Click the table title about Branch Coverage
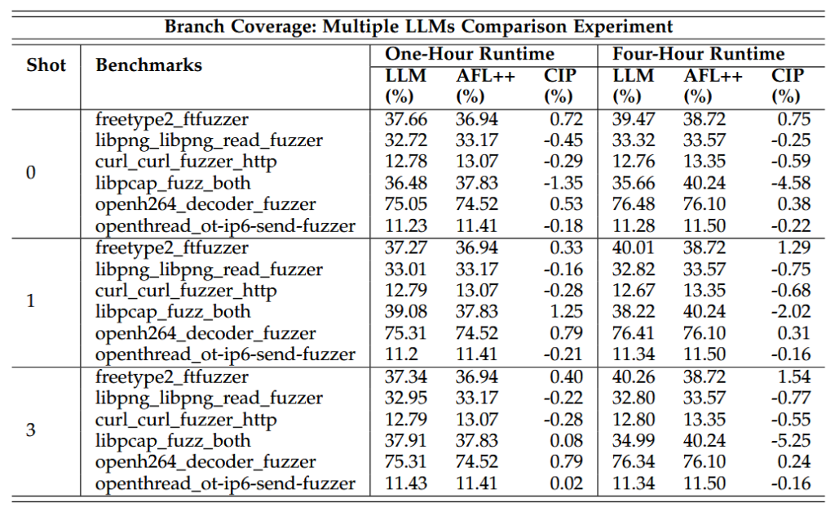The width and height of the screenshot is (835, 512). tap(418, 25)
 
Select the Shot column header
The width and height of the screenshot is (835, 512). tap(46, 65)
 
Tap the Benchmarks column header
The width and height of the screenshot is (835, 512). tap(148, 65)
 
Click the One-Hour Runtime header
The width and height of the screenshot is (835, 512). tap(470, 55)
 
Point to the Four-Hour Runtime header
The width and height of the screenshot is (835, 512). tap(698, 55)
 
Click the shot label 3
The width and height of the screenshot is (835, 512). tap(31, 430)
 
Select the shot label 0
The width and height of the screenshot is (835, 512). tap(31, 172)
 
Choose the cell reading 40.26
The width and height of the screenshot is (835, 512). tap(633, 377)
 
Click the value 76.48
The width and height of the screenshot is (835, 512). tap(633, 204)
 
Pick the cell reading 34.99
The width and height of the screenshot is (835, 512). tap(633, 441)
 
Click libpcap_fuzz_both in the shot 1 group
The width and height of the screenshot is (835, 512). tap(173, 312)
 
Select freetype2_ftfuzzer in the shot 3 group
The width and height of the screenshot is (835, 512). tap(171, 377)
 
